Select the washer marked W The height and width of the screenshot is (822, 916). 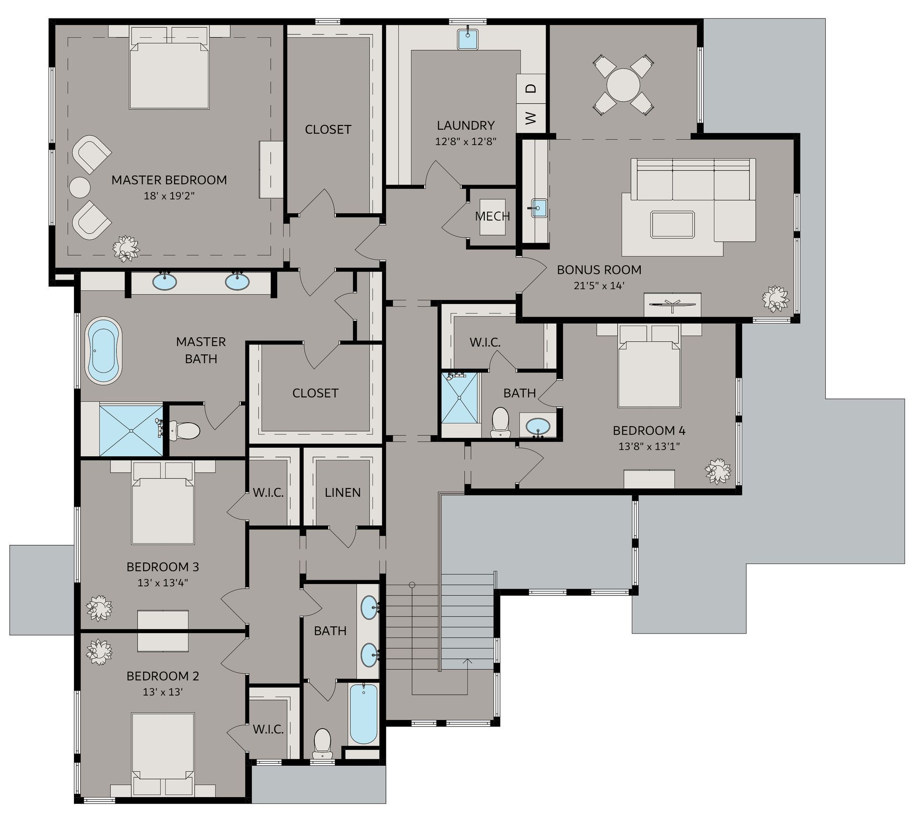tap(531, 118)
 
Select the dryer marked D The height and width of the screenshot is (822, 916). tap(531, 88)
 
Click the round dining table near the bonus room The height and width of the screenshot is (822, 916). tap(623, 85)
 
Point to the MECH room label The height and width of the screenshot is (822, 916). tap(492, 217)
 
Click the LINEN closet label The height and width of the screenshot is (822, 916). tap(343, 492)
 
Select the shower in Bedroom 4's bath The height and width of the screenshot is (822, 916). tap(459, 398)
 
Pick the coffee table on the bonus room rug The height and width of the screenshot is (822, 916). tap(672, 225)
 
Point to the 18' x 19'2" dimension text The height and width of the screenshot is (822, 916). tap(169, 196)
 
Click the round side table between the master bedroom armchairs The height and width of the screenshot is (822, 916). tap(80, 187)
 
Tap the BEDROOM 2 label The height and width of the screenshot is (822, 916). tap(163, 676)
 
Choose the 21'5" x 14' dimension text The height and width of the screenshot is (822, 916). tap(599, 286)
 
